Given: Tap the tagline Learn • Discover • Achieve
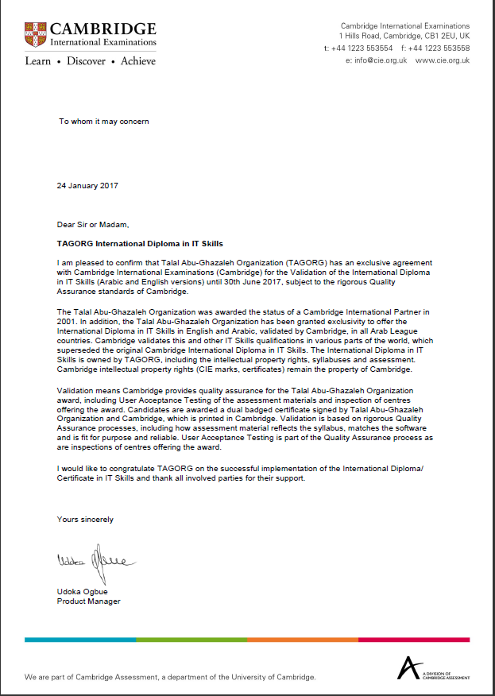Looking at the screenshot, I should [90, 60].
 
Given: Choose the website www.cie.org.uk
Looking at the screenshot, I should [442, 60].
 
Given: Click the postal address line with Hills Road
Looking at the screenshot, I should [404, 37].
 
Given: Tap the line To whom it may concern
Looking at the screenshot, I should [103, 122].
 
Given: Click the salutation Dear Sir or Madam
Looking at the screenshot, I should [92, 224].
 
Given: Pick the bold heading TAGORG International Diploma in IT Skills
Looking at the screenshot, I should [145, 242].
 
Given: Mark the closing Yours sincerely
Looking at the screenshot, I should [85, 519].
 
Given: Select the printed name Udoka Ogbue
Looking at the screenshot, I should [83, 592].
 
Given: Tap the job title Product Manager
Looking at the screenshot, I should [88, 601].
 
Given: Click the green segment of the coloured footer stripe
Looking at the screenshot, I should [191, 639].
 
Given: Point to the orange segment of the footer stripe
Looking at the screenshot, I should [303, 639].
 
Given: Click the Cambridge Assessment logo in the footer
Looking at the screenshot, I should [434, 668].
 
